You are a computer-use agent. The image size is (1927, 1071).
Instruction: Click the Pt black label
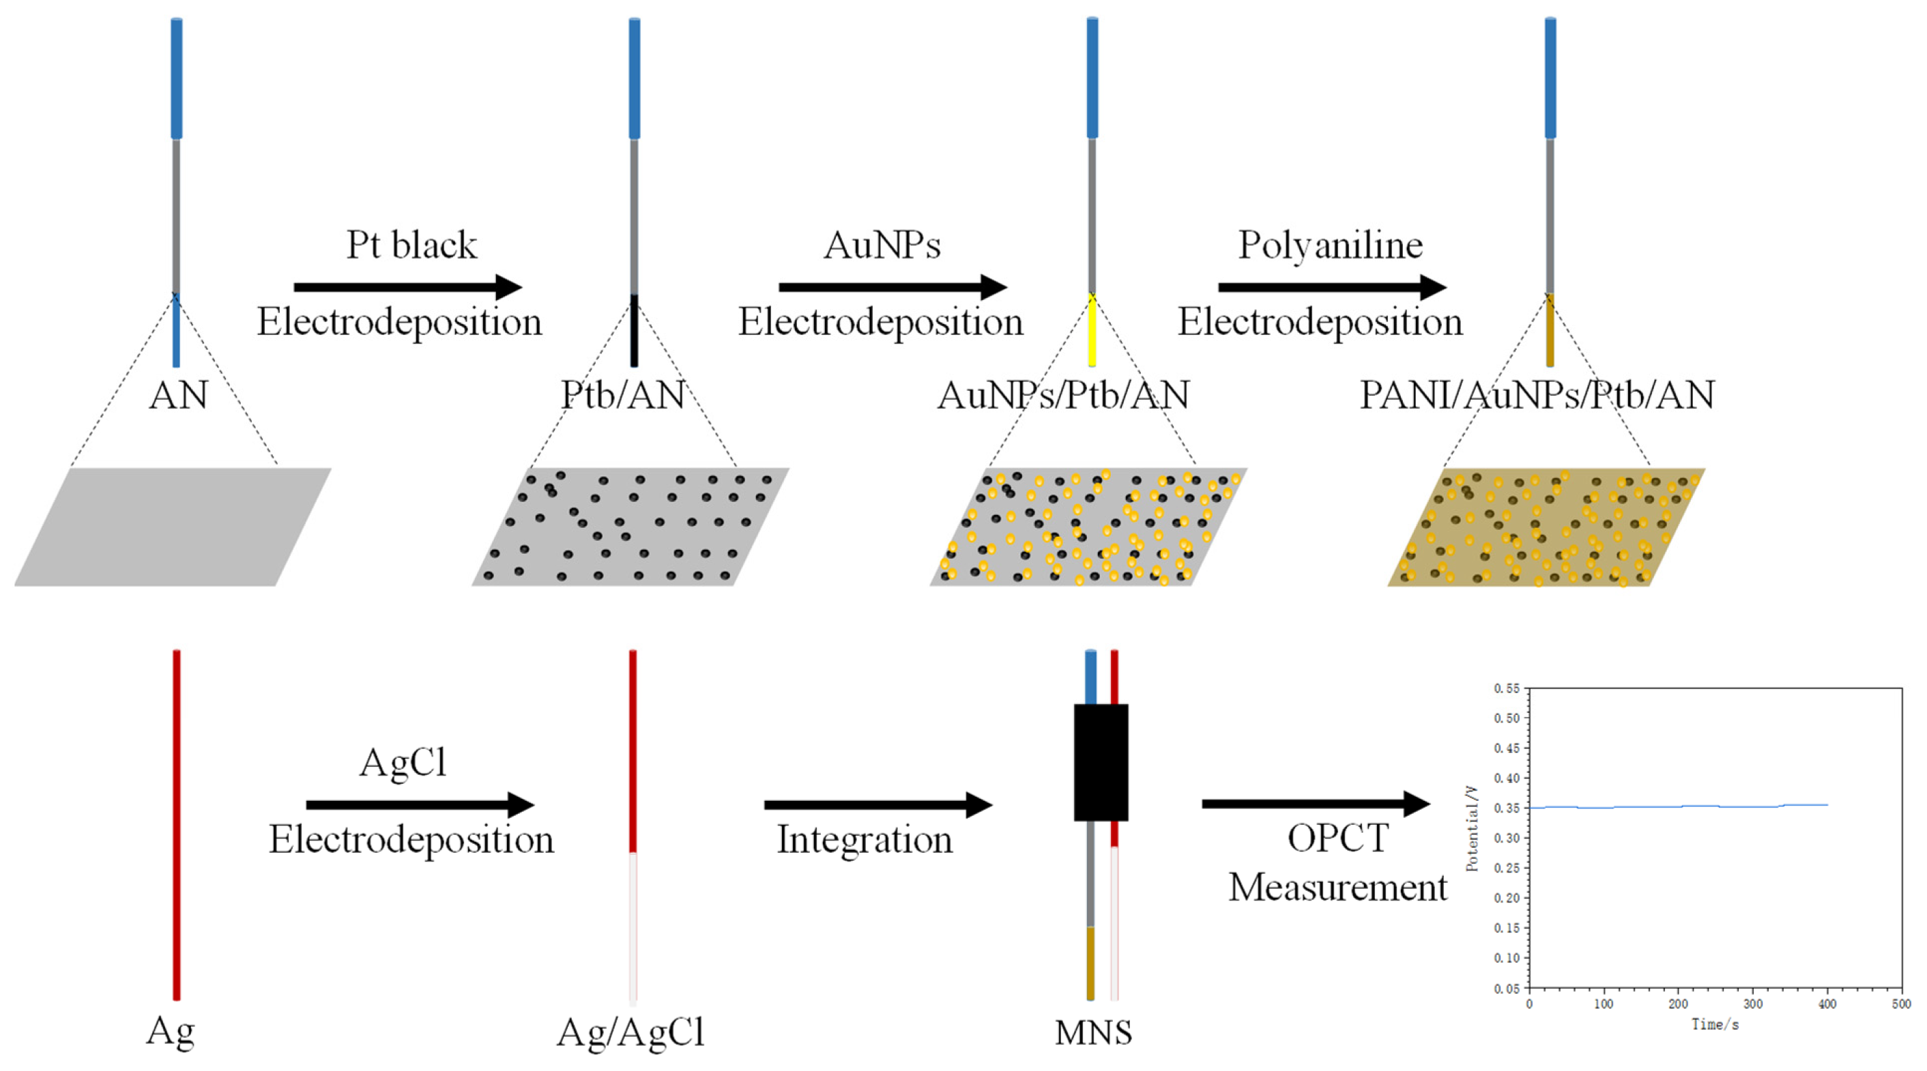pos(411,245)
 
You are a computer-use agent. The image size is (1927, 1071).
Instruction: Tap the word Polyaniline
pos(1330,245)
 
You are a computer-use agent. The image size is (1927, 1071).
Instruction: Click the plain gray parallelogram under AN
pos(172,527)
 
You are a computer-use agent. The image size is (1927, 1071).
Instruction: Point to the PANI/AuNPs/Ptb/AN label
pos(1537,395)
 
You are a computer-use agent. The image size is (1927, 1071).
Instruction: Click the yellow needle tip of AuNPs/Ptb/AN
pos(1092,333)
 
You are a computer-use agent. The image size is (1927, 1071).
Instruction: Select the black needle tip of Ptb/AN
pos(635,332)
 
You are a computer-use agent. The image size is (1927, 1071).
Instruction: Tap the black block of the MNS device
pos(1101,761)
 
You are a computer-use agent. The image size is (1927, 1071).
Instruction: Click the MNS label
pos(1093,1033)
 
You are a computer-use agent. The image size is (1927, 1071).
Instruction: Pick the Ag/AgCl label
pos(631,1033)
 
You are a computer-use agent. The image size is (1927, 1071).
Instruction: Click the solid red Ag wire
pos(177,823)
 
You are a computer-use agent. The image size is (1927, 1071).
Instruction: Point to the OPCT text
pos(1337,838)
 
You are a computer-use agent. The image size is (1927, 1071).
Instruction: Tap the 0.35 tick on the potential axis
pos(1507,808)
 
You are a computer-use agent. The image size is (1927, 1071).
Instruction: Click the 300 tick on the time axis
pos(1753,1003)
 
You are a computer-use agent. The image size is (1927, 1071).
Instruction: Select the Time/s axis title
pos(1715,1025)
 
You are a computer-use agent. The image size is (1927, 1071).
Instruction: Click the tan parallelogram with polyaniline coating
pos(1546,527)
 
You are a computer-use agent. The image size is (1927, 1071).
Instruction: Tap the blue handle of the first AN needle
pos(177,78)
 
